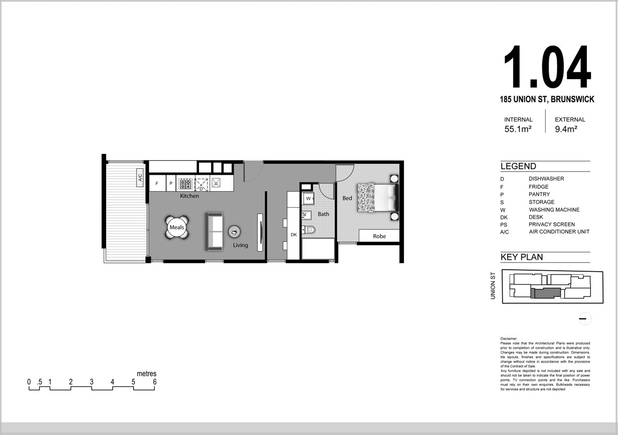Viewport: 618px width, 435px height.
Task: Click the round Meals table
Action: tap(176, 227)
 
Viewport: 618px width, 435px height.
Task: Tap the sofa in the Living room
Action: tap(215, 231)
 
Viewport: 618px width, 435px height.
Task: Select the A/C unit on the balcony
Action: tap(140, 178)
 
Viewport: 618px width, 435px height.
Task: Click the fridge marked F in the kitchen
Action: tap(157, 183)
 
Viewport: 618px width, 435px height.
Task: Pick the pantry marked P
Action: tap(171, 183)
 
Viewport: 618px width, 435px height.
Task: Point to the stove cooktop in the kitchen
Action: tap(185, 183)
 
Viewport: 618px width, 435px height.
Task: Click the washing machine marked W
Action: tap(308, 199)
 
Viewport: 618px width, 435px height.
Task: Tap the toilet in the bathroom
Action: tap(309, 230)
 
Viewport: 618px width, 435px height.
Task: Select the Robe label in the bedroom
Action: tap(380, 236)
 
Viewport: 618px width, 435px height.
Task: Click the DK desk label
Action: tap(294, 235)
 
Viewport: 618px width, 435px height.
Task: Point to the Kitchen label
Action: tap(190, 196)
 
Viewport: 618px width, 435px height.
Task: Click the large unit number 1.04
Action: tap(548, 67)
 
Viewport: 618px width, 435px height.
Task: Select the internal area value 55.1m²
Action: tap(518, 129)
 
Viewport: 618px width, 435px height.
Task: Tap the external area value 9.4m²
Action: tap(566, 129)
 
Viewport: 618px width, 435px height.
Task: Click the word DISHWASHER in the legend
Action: tap(546, 179)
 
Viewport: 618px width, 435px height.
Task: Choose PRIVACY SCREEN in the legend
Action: tap(552, 224)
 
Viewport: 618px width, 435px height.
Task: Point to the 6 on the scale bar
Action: tap(155, 382)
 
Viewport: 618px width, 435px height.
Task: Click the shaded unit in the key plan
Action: tap(546, 293)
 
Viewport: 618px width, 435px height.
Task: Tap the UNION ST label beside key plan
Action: tap(493, 286)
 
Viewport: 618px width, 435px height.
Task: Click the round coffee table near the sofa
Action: tap(235, 232)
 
